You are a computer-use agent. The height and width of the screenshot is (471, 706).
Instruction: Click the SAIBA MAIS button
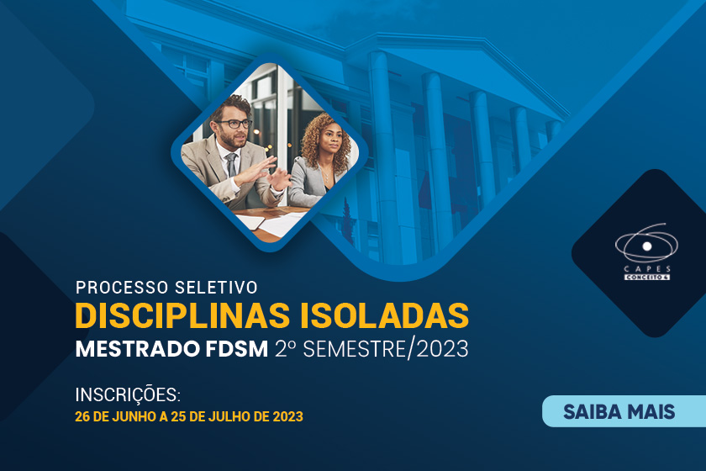click(x=619, y=411)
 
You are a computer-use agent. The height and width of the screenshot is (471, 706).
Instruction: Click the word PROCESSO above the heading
click(x=121, y=288)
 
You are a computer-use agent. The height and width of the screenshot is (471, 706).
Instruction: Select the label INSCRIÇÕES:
click(x=128, y=394)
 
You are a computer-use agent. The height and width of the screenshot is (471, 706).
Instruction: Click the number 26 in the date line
click(x=83, y=416)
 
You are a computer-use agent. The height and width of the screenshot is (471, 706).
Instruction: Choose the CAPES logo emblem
click(x=645, y=243)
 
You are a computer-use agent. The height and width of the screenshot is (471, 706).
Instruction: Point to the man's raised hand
click(x=269, y=181)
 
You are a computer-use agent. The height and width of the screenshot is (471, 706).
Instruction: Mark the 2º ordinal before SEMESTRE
click(x=284, y=347)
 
